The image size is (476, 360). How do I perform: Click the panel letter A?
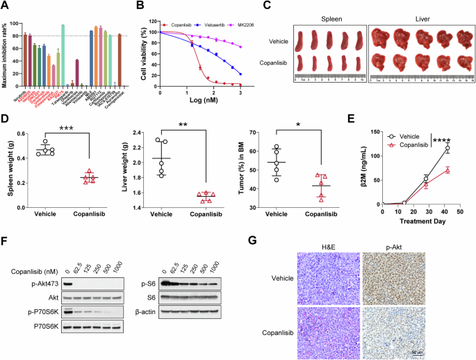pos(6,6)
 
